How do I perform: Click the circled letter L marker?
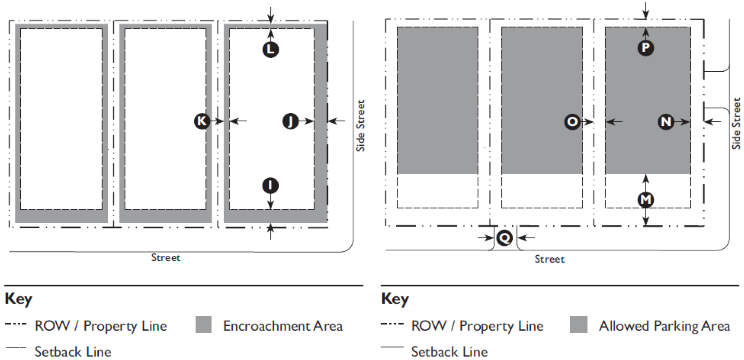point(271,49)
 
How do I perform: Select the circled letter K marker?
point(202,121)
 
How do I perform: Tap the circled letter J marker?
point(290,121)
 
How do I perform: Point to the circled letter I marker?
point(271,185)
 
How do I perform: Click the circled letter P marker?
point(646,47)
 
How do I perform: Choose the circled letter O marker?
point(572,122)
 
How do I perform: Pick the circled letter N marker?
point(666,122)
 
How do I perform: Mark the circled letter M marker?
point(646,199)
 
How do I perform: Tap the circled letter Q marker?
point(504,238)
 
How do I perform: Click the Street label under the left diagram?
point(165,258)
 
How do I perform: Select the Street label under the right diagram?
point(549,259)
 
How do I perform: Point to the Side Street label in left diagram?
point(360,126)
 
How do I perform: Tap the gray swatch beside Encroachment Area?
point(203,325)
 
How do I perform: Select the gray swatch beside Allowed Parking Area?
point(579,325)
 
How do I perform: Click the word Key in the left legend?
point(18,299)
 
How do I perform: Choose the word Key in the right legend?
point(395,299)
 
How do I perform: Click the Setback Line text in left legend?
point(73,352)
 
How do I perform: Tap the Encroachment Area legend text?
point(283,326)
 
